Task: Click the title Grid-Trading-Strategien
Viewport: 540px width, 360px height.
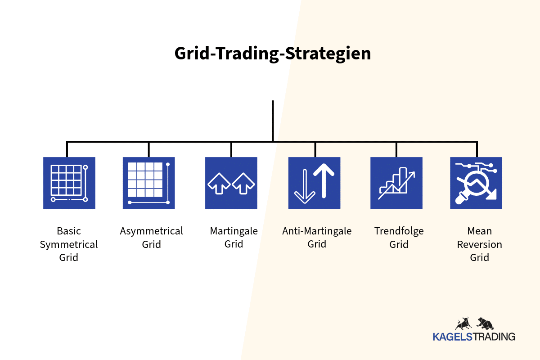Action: (x=273, y=54)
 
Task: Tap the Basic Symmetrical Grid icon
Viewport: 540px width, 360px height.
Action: (x=69, y=183)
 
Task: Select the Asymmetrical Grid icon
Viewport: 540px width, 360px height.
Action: (x=149, y=183)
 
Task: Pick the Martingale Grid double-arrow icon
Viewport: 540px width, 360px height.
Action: (x=231, y=183)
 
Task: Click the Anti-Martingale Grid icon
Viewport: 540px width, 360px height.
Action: (x=315, y=183)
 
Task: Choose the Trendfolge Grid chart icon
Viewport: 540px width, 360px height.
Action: (x=396, y=183)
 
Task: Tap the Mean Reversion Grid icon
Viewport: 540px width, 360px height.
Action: (x=476, y=183)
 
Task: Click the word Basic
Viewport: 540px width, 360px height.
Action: (x=69, y=231)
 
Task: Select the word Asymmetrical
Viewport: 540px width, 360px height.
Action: (x=151, y=231)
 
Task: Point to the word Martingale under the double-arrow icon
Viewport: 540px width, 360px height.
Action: (x=234, y=231)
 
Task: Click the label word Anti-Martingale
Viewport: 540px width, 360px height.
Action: (x=317, y=231)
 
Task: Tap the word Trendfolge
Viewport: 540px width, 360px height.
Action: (x=399, y=231)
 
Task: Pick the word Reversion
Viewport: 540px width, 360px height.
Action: (x=480, y=244)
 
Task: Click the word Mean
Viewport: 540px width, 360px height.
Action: (x=480, y=231)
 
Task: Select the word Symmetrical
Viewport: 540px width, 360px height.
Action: (x=69, y=245)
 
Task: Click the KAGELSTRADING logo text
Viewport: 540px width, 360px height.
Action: (x=474, y=337)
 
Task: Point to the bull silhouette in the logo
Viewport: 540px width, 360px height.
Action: (x=463, y=324)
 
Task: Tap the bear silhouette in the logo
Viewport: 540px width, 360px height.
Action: (x=485, y=324)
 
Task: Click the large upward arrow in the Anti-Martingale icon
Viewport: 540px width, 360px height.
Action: (x=324, y=181)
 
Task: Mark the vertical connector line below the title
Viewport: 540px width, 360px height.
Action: (x=273, y=121)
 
